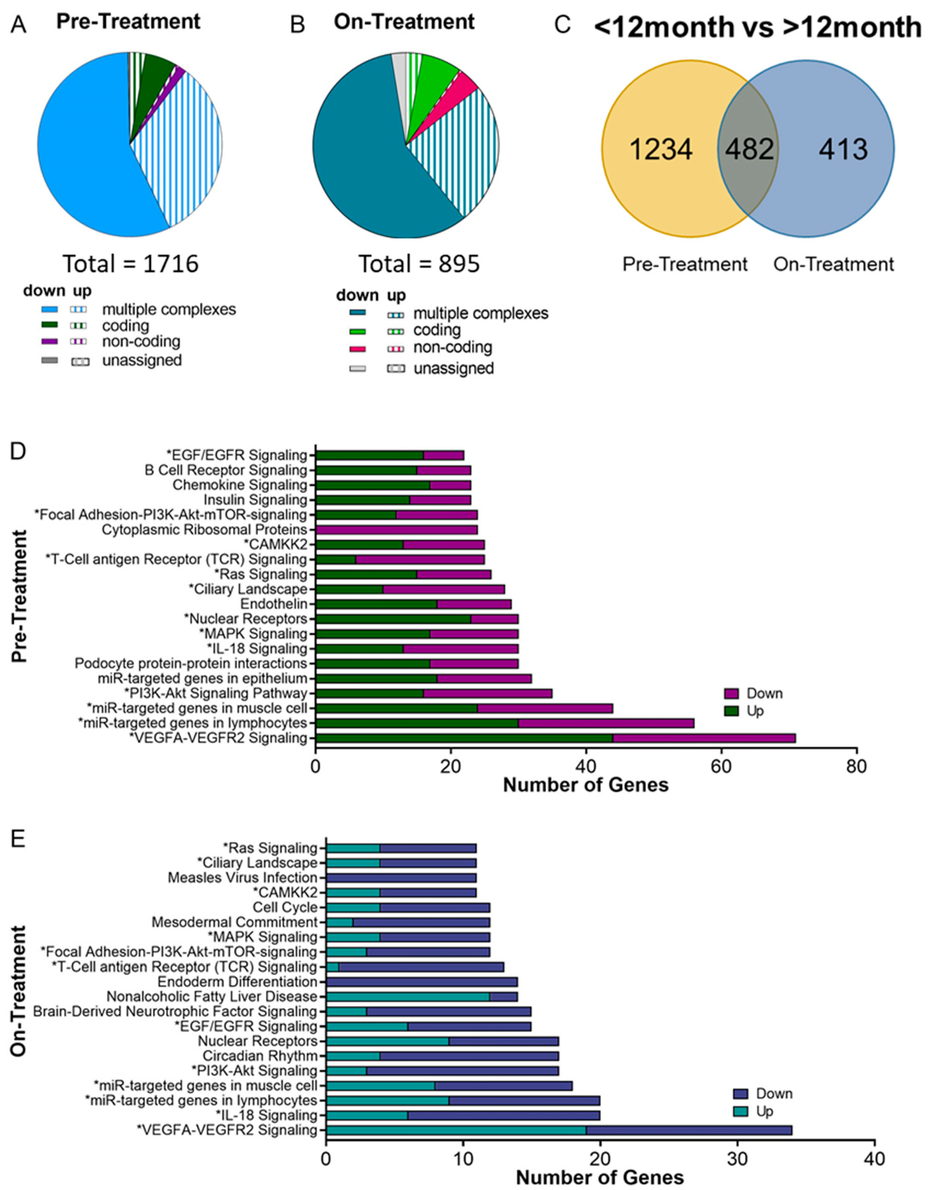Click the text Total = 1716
131,264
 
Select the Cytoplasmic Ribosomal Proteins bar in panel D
397,529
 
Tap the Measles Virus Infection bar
401,878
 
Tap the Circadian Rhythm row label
260,1056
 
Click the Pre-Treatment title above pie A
128,22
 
